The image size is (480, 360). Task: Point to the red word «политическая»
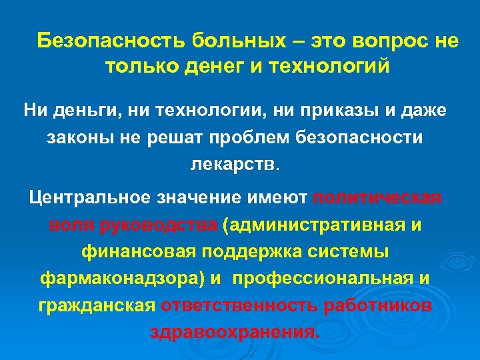(377, 198)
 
